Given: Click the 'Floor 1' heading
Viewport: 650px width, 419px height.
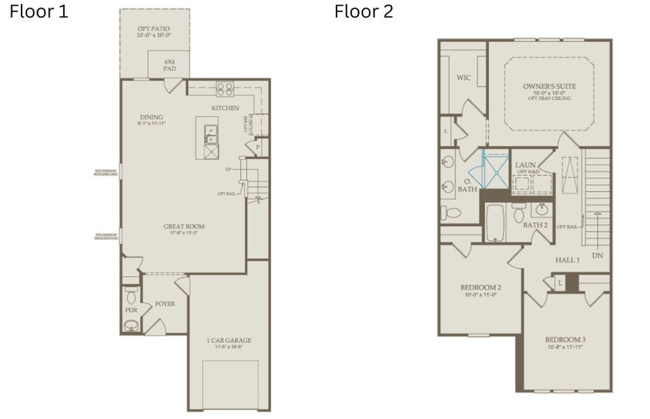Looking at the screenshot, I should [38, 12].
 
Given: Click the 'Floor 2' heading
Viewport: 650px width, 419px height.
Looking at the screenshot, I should [363, 12].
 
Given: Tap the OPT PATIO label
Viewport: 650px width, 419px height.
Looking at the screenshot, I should [154, 29].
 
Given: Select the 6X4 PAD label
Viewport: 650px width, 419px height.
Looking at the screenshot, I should [168, 64].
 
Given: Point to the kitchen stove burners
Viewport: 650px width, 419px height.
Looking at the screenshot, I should [225, 89].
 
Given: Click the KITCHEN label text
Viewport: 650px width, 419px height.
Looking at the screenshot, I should [225, 108].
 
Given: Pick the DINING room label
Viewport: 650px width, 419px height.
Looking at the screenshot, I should [151, 117].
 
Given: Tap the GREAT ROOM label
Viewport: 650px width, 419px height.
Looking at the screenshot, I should [185, 226].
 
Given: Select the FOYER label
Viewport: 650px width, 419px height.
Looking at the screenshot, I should [164, 304].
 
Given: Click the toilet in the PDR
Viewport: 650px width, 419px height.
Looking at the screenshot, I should [131, 293].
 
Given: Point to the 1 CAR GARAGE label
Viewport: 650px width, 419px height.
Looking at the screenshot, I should [229, 341].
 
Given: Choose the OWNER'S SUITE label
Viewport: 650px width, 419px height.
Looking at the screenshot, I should [549, 87].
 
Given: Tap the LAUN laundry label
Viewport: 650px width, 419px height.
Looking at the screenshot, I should [525, 166].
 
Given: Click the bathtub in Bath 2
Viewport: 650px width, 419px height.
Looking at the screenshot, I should [495, 222].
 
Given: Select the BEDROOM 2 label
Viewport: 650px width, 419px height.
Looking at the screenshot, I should [480, 288].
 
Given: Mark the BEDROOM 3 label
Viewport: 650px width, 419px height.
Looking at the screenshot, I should [565, 340].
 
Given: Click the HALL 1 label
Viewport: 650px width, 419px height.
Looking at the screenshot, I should [567, 260].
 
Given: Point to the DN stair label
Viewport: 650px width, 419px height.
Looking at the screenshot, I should [597, 256].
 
